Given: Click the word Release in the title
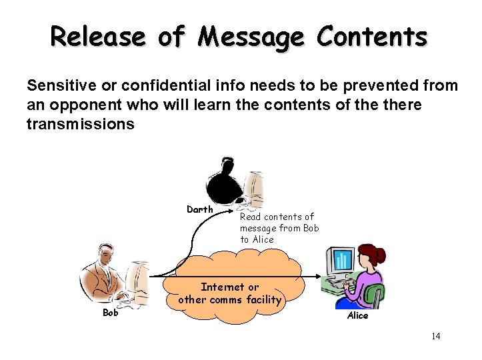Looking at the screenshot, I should coord(99,37).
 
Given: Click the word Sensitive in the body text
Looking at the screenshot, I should coord(61,85).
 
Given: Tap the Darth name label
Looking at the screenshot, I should coord(200,209).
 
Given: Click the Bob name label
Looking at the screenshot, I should coord(110,312).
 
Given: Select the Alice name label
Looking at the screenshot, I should coord(357,315).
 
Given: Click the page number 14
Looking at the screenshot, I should coord(435,336).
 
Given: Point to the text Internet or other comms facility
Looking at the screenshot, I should coord(229,293).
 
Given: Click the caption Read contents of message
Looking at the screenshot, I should coord(279,228).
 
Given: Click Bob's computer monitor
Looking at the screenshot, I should coord(137,273).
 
